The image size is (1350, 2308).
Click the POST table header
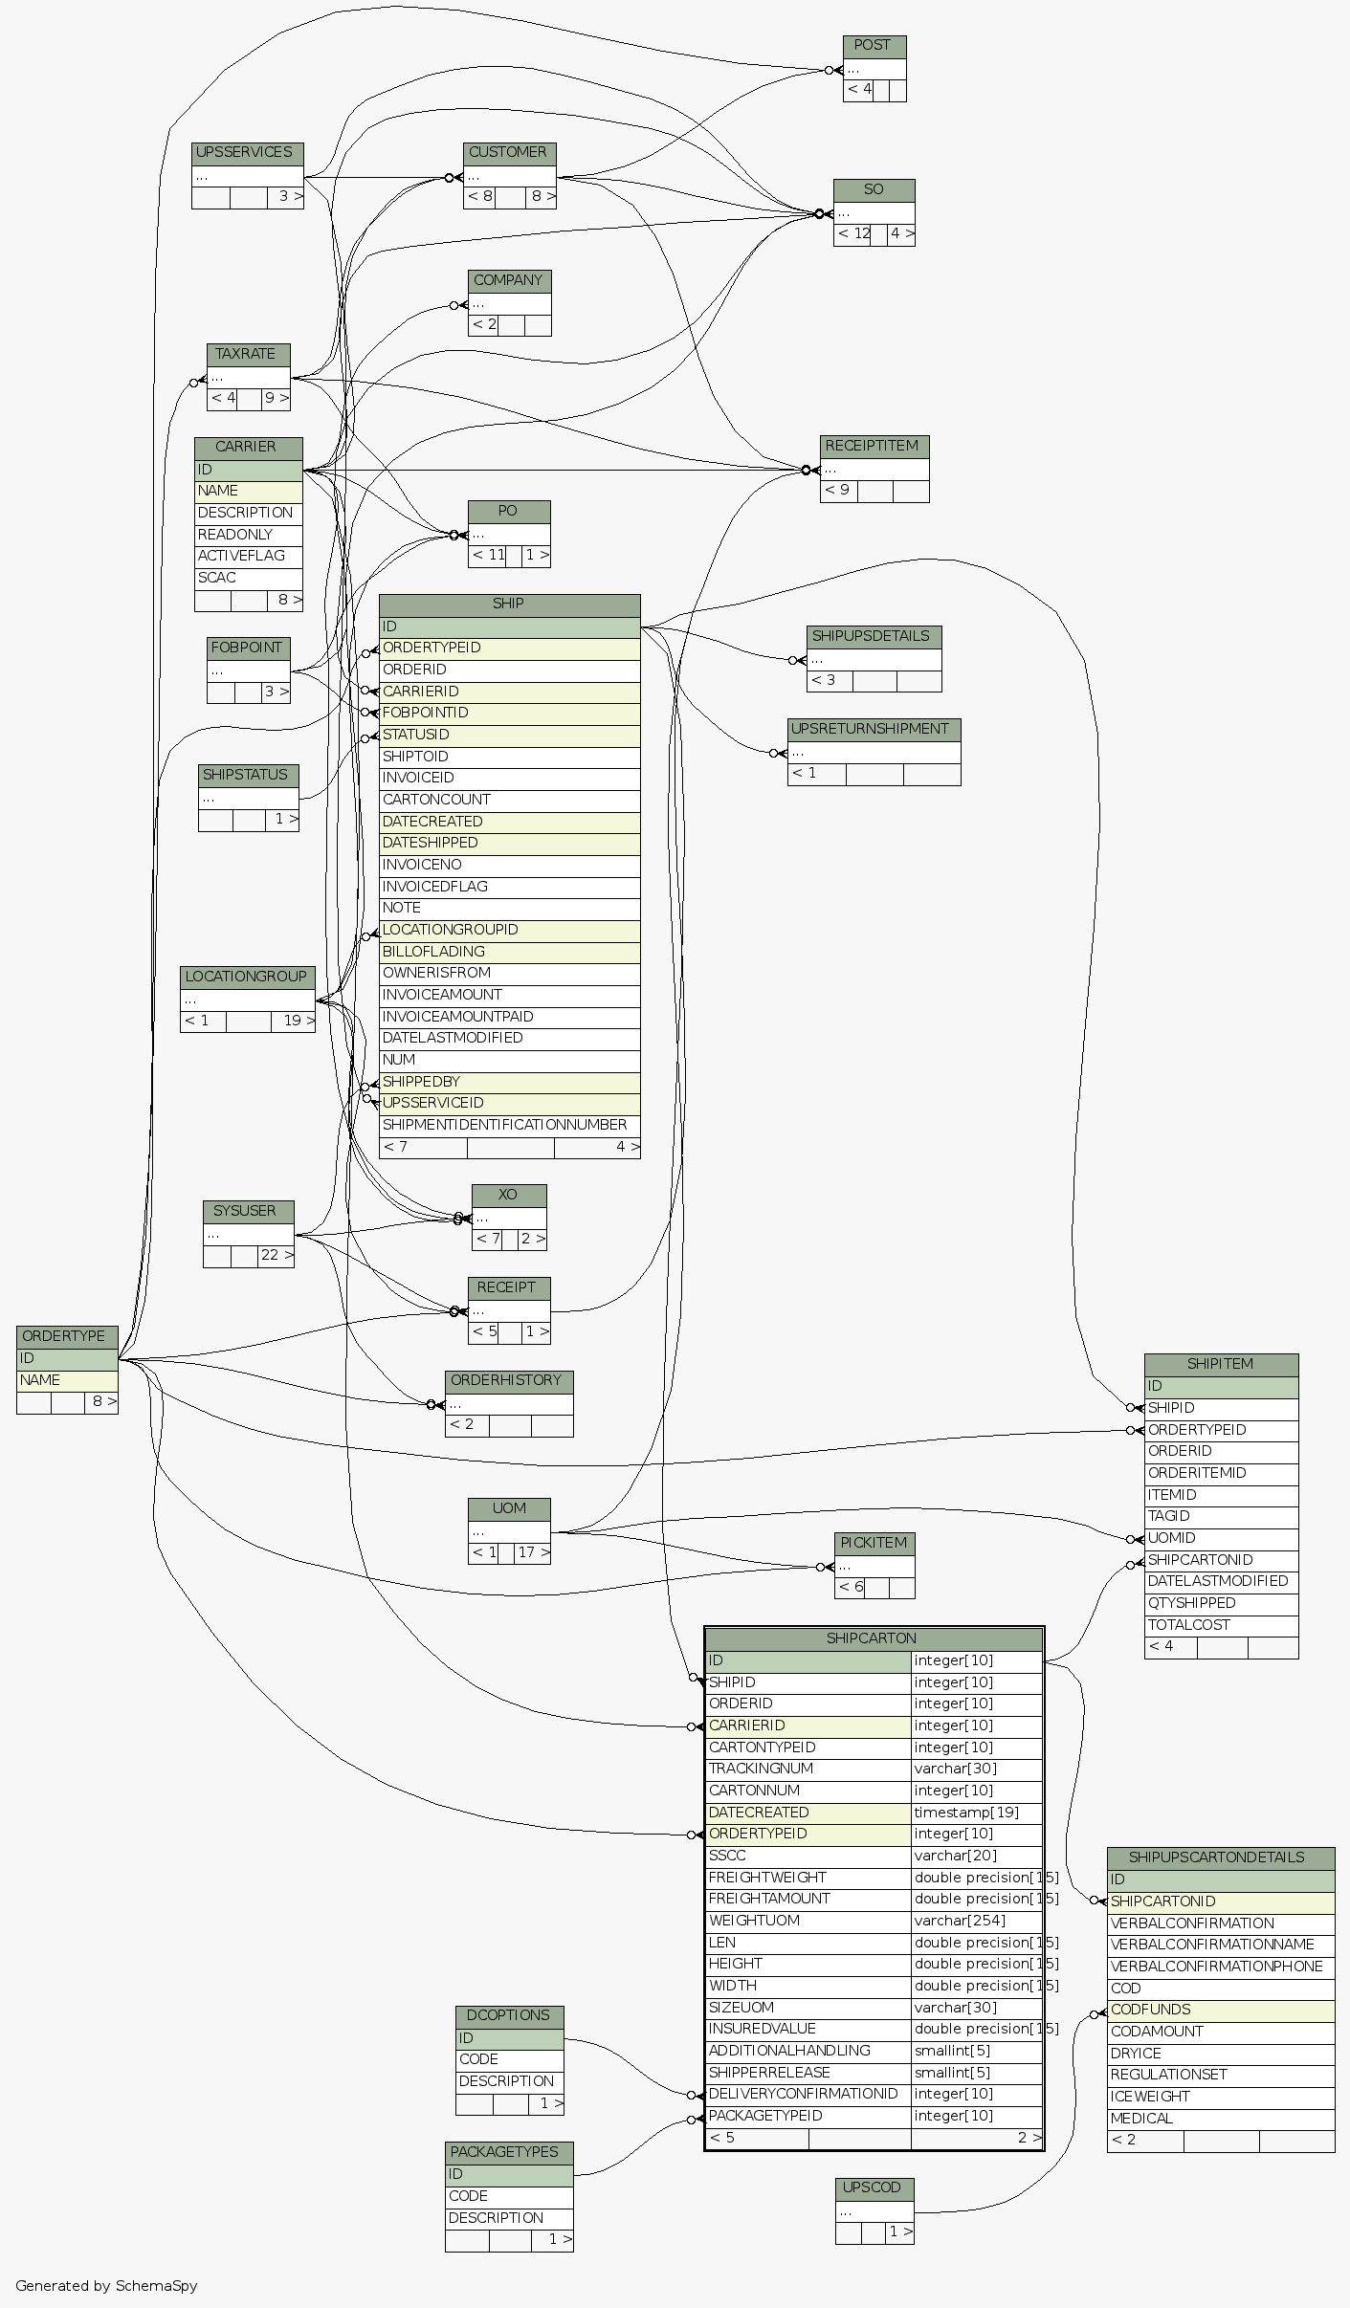(874, 46)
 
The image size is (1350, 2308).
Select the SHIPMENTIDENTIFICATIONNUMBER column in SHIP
(505, 1125)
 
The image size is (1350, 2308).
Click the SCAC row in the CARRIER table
(248, 578)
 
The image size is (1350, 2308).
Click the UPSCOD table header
(874, 2187)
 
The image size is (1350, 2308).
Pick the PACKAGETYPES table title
(508, 2152)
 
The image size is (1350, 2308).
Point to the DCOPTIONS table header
(509, 2015)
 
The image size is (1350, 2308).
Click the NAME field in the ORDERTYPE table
(67, 1380)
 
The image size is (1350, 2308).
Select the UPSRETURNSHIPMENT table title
(874, 729)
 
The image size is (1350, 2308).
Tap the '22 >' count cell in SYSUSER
(276, 1255)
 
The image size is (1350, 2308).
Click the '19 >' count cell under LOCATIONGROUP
(293, 1021)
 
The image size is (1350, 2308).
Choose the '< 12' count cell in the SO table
(852, 233)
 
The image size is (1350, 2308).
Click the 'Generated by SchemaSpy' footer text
(106, 2286)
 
